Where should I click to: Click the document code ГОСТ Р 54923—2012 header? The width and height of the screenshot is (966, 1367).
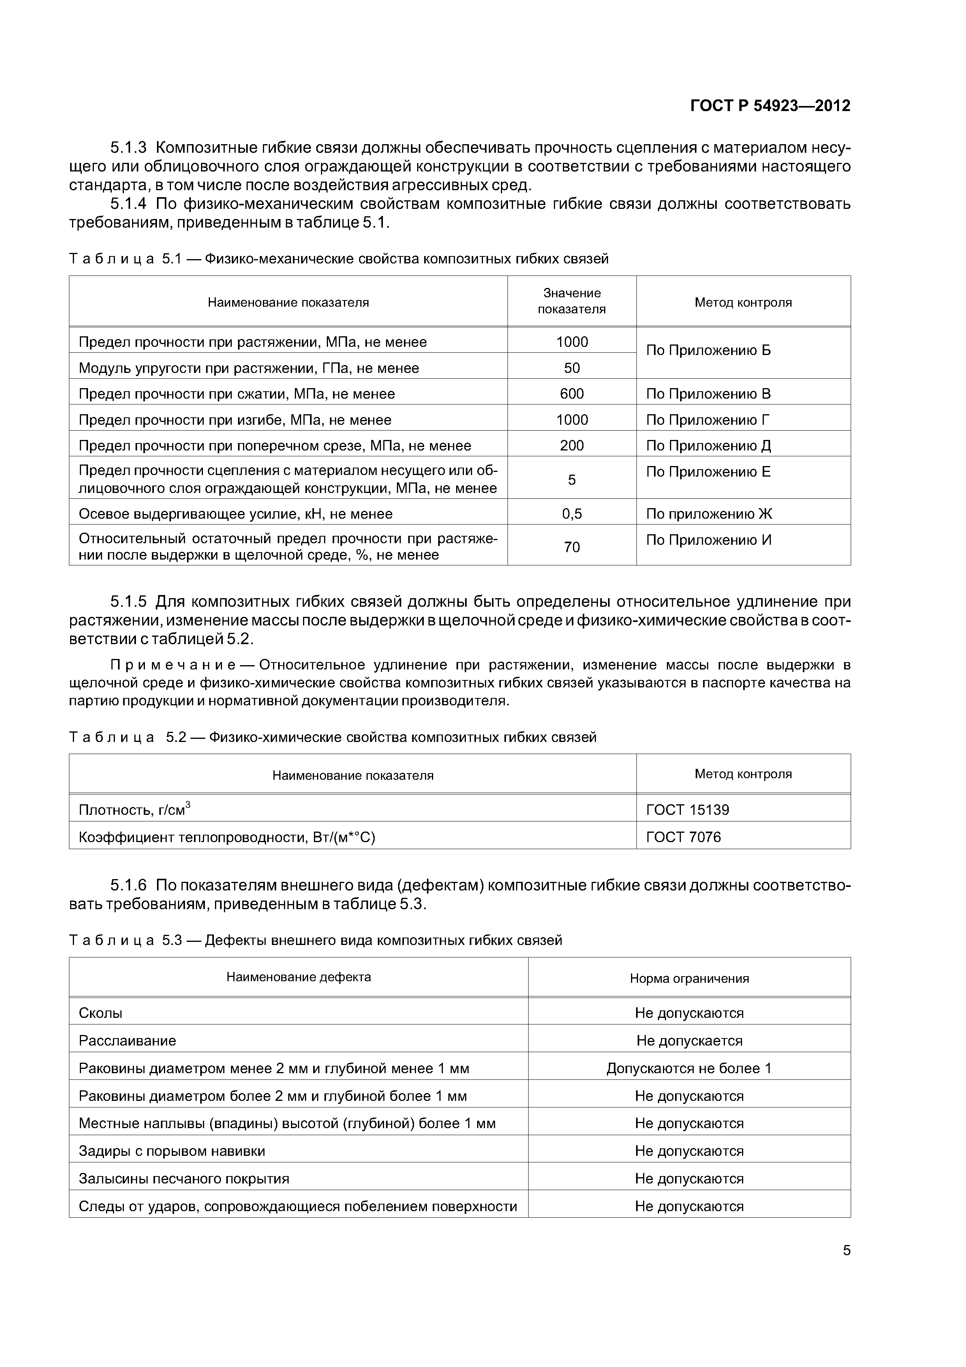coord(770,106)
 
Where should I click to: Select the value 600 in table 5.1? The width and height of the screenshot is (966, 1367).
coord(571,394)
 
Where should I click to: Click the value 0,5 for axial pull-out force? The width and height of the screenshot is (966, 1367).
coord(571,514)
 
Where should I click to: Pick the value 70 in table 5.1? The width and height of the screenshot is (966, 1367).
coord(571,547)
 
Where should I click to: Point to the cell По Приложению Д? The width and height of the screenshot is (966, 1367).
coord(708,445)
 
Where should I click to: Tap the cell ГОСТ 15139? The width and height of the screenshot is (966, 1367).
coord(687,810)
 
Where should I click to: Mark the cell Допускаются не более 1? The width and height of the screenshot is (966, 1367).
coord(689,1068)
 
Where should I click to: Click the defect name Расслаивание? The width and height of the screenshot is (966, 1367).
coord(127,1041)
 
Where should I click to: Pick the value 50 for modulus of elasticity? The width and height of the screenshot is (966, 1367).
coord(571,368)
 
